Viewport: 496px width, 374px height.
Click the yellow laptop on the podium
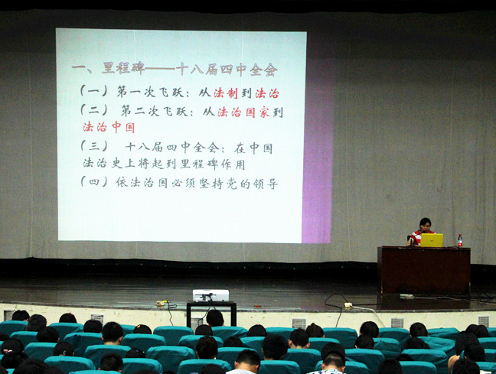pos(432,240)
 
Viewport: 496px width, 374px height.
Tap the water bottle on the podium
pos(460,241)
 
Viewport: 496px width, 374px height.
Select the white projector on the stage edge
pos(210,295)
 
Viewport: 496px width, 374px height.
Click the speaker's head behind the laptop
pos(425,224)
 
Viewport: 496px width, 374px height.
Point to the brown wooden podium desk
pos(424,270)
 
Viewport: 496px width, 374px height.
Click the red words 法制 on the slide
pos(226,93)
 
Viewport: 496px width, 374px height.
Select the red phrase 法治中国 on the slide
pos(109,127)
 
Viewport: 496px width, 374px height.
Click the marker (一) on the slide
pos(93,91)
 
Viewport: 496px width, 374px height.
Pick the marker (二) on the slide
pos(93,110)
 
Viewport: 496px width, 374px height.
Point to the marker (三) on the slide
pos(93,146)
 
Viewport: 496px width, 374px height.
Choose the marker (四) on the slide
pos(93,181)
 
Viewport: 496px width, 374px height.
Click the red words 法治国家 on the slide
pos(243,112)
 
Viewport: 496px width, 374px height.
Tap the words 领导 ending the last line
pos(265,184)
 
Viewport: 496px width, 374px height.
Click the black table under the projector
pos(211,313)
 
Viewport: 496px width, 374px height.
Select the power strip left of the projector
pos(161,304)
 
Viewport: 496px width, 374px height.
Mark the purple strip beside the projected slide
pos(318,151)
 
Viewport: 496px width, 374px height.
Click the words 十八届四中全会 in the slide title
pos(227,70)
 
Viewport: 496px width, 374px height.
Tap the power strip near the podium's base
pos(348,305)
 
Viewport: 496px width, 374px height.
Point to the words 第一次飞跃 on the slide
pos(150,92)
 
